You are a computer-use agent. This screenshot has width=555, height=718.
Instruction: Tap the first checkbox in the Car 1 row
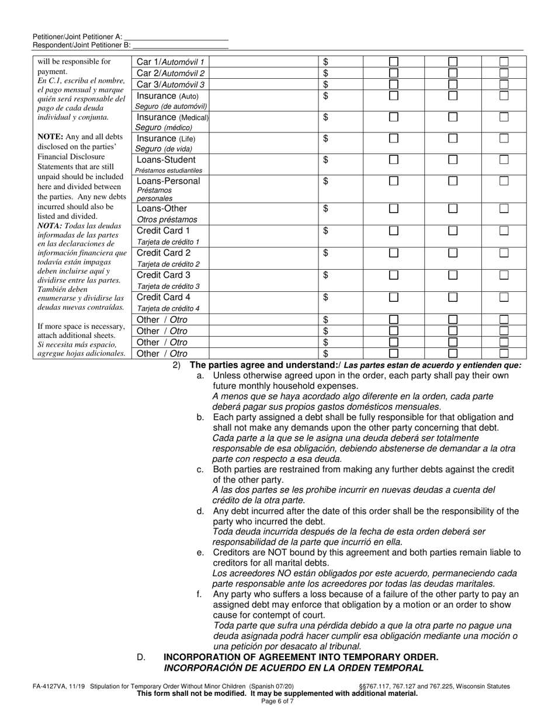coord(394,61)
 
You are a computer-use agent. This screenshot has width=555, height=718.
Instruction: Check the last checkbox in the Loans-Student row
coord(504,159)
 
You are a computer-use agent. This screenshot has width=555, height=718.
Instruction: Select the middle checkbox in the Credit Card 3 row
coord(452,275)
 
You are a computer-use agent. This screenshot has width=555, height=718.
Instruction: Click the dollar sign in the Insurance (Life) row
coord(326,138)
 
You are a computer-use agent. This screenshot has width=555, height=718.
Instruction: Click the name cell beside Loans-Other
coord(264,214)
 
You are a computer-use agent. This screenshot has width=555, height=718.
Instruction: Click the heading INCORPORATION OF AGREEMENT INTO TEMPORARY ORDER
coord(300,657)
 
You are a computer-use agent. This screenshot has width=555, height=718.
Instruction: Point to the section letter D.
coord(141,657)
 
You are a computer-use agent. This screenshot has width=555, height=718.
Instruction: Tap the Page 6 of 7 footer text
coord(277,700)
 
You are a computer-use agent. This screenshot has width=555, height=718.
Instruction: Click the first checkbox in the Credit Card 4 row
coord(394,297)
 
